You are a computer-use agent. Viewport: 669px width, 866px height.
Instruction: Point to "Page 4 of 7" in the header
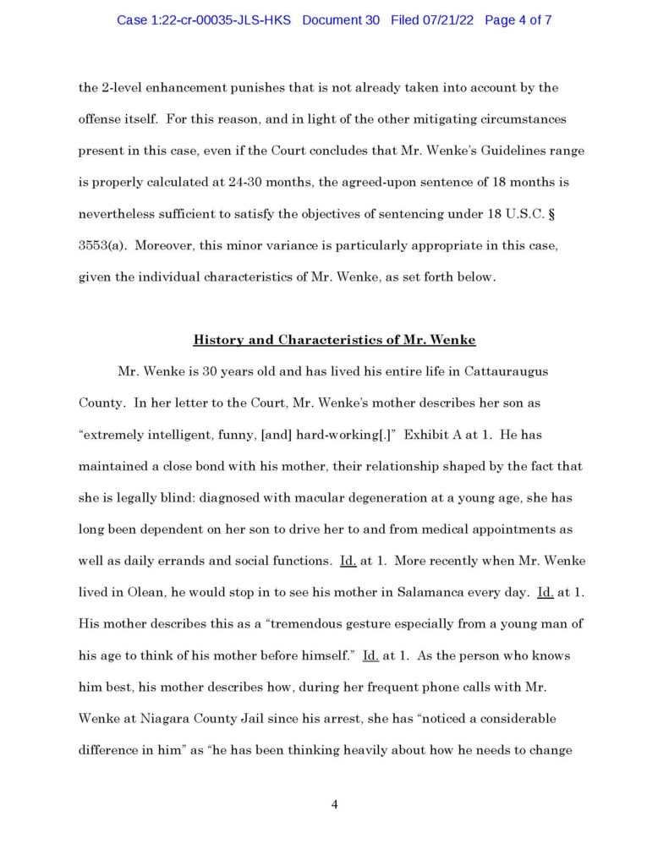point(518,20)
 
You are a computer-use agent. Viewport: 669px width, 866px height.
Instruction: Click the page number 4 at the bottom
point(335,803)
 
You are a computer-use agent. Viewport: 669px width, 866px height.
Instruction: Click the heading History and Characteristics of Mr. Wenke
point(335,340)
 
